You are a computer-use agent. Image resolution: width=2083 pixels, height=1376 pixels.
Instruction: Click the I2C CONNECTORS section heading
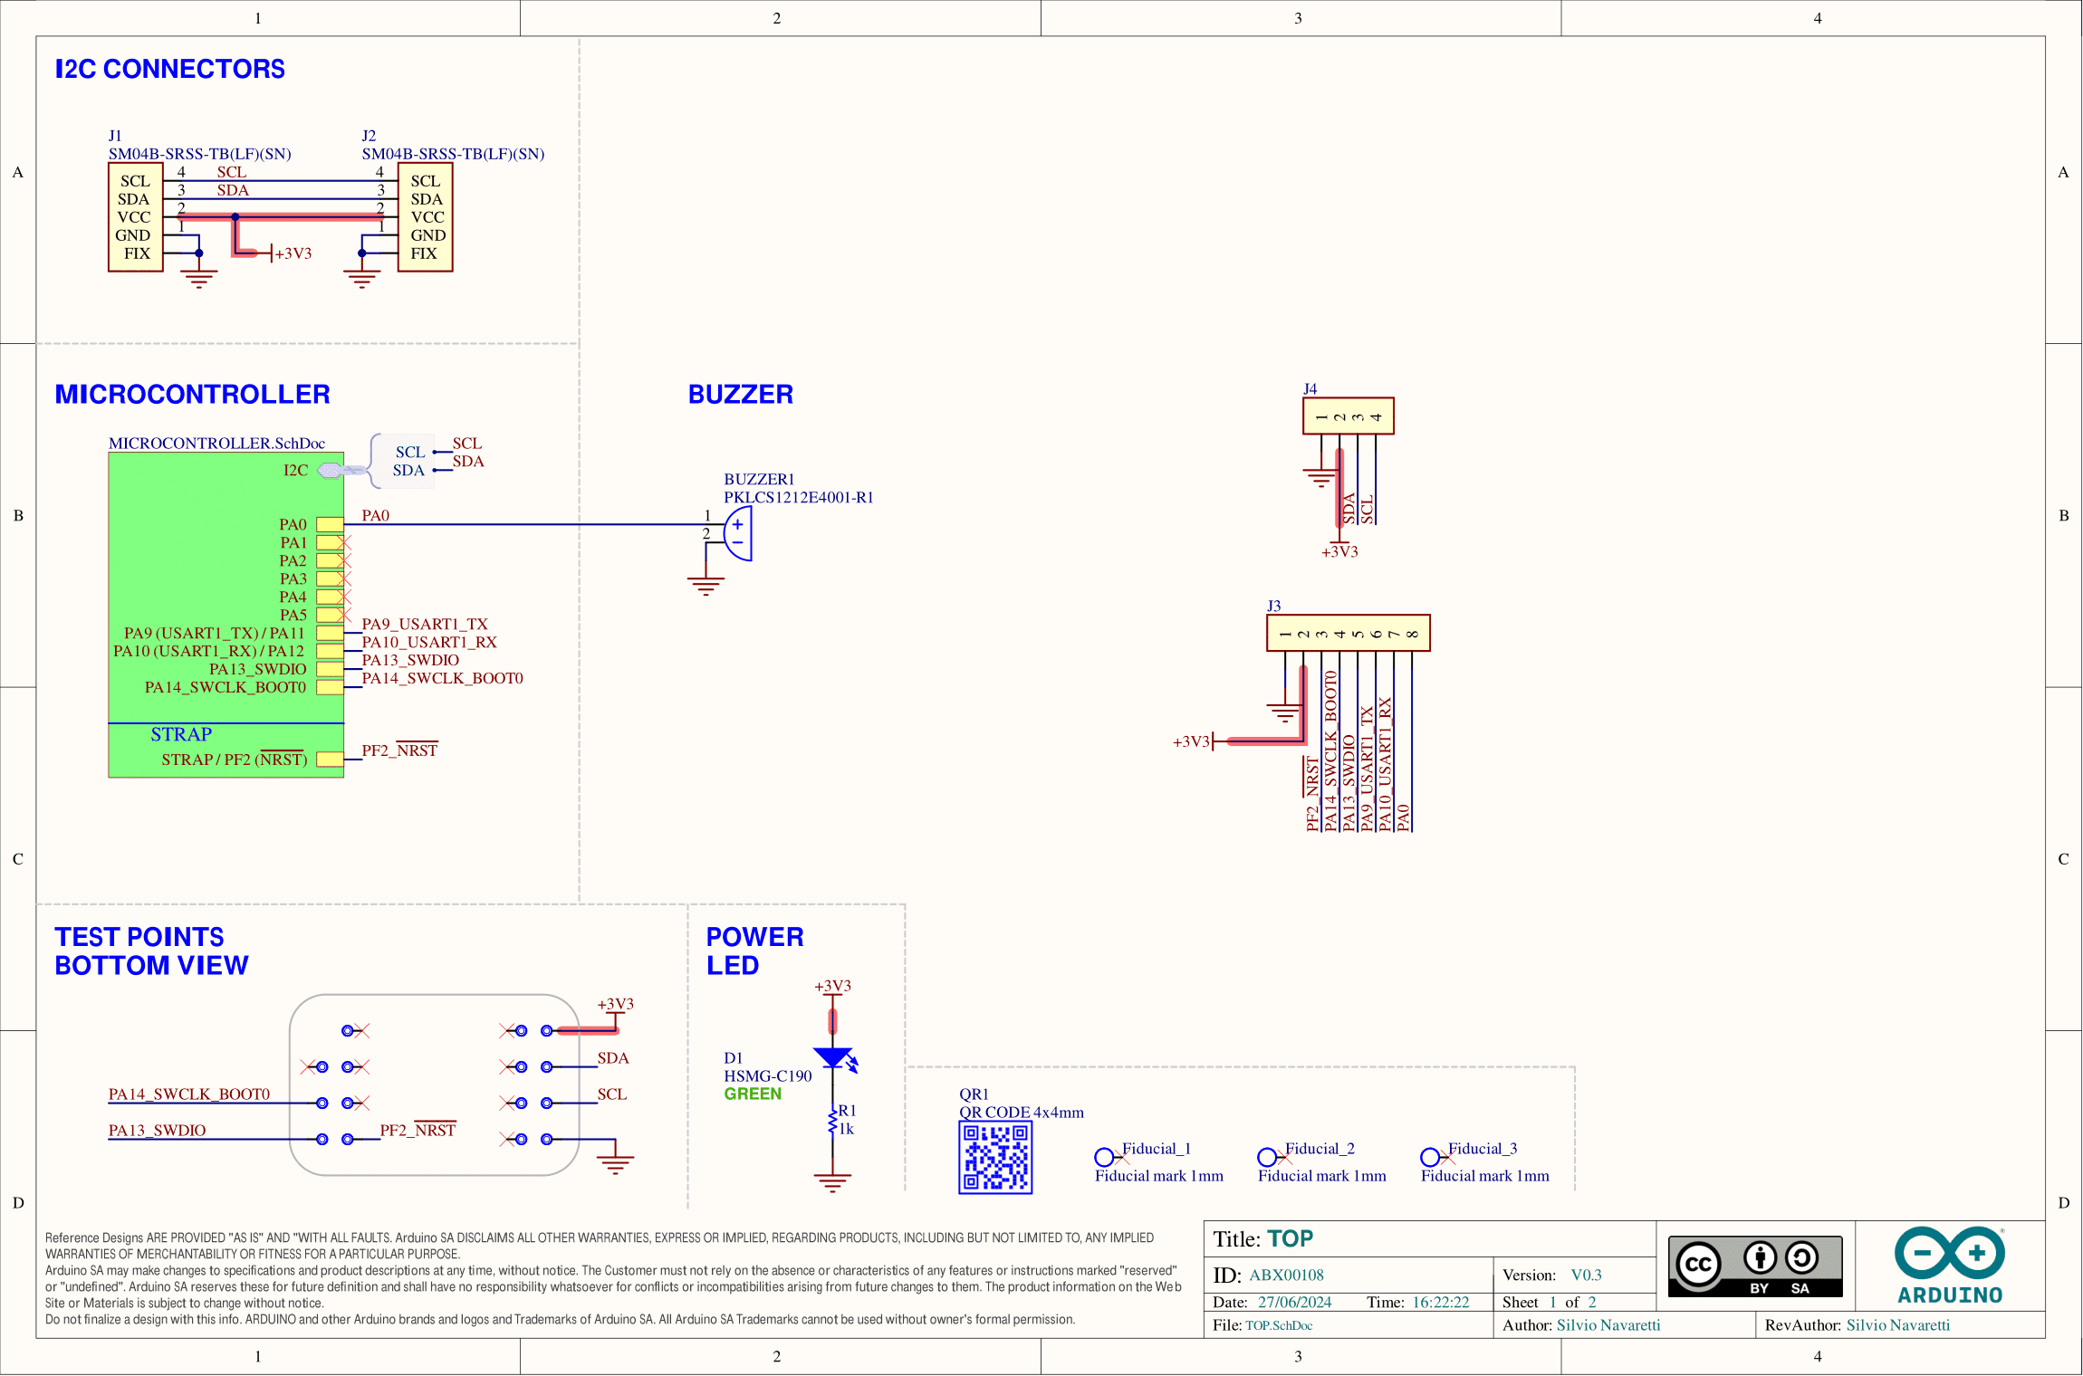169,69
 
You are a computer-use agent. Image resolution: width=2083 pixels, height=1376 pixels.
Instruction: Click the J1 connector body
135,217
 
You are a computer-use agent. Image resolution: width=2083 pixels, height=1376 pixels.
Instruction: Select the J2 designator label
369,136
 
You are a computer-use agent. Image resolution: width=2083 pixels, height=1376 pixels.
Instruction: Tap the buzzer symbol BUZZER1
738,534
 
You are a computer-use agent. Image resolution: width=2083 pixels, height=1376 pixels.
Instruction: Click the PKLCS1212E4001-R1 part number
798,497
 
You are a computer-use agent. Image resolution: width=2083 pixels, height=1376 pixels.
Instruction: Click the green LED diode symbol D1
832,1057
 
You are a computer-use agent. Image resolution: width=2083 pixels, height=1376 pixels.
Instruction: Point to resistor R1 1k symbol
832,1123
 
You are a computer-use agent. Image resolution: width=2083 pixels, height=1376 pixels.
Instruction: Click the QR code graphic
995,1157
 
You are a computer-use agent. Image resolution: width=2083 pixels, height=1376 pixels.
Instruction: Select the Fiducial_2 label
1320,1149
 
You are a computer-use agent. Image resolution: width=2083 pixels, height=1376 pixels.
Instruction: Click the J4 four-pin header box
1348,416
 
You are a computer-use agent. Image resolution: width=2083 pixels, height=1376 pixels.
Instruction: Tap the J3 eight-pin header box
1348,634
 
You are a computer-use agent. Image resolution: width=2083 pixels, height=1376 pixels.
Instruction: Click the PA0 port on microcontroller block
330,525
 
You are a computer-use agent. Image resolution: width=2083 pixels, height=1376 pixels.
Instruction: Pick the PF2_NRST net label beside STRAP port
399,750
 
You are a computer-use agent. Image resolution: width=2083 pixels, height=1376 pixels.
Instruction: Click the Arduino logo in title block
1949,1266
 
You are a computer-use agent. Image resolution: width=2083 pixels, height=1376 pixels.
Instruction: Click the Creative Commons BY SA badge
1754,1266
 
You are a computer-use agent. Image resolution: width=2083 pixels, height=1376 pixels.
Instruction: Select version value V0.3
1586,1275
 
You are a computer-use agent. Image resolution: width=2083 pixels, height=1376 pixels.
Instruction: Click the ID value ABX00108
1286,1275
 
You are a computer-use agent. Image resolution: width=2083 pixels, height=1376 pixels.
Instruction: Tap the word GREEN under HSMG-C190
753,1094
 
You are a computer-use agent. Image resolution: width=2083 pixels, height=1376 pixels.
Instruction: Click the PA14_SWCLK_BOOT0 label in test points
189,1094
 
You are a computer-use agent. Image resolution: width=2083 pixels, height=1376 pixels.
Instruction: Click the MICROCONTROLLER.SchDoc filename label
216,444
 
